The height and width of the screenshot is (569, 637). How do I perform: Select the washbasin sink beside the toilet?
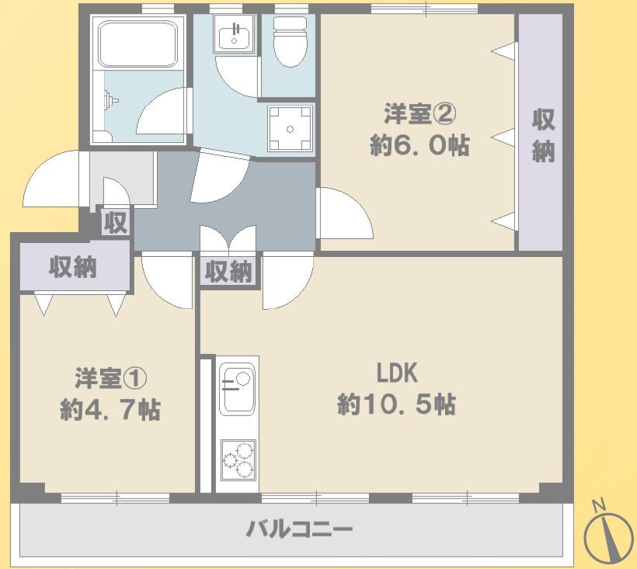(x=235, y=34)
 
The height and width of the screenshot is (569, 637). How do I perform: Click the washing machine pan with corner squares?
(x=290, y=129)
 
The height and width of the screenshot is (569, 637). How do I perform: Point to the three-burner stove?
(x=238, y=460)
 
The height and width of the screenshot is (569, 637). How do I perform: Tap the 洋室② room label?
(x=420, y=114)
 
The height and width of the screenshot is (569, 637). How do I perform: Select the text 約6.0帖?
(x=420, y=145)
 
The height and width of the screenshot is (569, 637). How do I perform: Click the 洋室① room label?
(x=110, y=378)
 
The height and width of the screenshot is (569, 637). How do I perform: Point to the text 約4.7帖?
(x=110, y=410)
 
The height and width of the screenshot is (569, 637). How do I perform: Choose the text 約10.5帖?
(x=396, y=404)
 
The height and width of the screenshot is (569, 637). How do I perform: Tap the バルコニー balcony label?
(x=300, y=529)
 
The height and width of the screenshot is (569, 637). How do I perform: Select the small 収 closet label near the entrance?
(x=116, y=223)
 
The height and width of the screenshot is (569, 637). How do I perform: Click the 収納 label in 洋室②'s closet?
(x=543, y=136)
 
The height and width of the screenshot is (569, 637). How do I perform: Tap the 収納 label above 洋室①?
(x=73, y=267)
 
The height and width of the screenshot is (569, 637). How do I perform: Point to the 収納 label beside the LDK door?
(x=228, y=272)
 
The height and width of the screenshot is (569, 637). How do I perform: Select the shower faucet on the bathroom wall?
(x=110, y=100)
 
